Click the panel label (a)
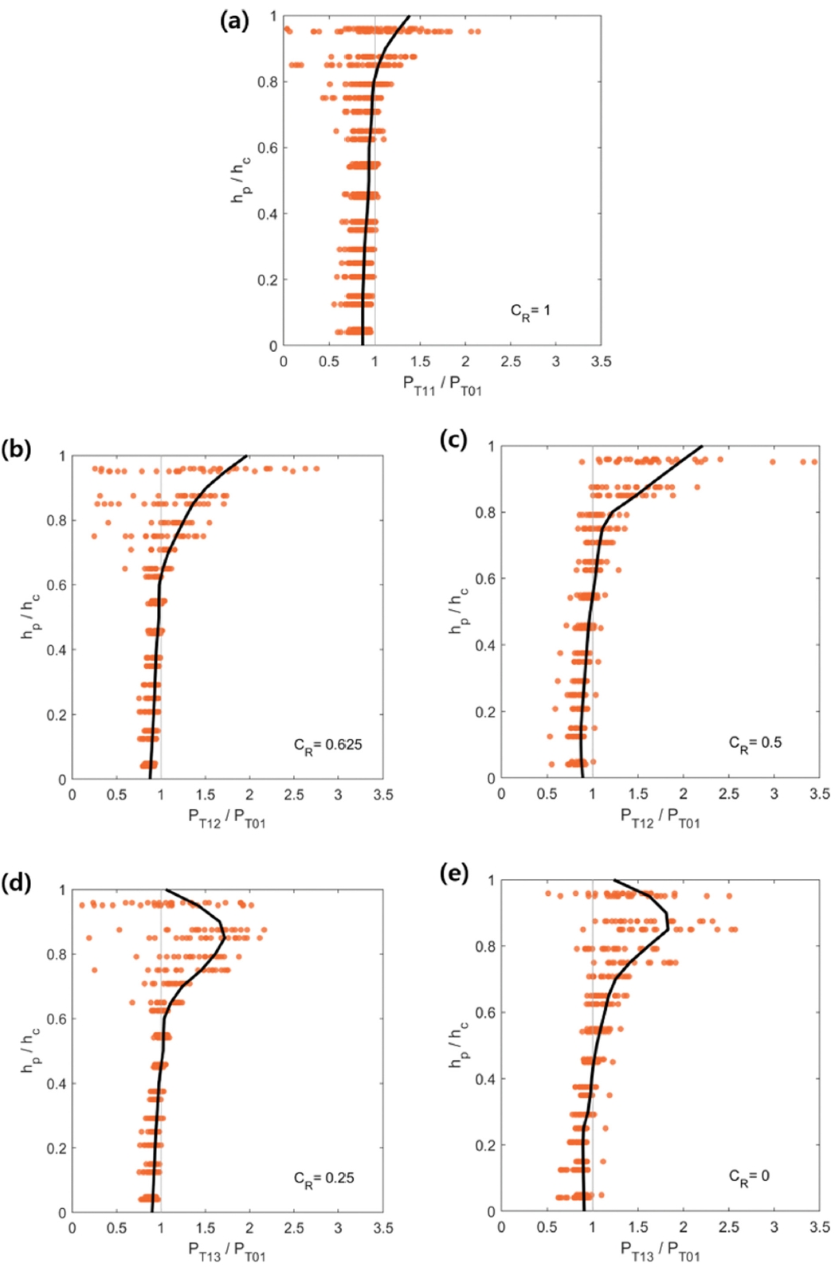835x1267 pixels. click(234, 20)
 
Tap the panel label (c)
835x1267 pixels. click(453, 439)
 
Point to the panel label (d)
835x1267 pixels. click(16, 882)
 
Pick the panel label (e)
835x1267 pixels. click(453, 873)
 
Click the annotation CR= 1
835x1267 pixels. click(530, 311)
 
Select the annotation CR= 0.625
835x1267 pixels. click(327, 745)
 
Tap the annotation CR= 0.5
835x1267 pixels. click(755, 743)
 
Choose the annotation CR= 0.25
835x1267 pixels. click(323, 1179)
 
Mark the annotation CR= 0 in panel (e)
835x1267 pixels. click(749, 1176)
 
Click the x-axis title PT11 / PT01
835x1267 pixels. click(442, 385)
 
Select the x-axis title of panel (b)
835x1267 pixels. click(227, 818)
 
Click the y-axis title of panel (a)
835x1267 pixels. click(241, 180)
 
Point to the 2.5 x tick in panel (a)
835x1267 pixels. click(511, 362)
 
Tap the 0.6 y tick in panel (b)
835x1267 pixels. click(56, 585)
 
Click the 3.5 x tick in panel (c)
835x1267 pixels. click(818, 794)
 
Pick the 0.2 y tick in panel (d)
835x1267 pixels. click(56, 1148)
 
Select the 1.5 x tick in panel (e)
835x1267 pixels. click(638, 1227)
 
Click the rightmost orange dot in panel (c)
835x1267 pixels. click(814, 462)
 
